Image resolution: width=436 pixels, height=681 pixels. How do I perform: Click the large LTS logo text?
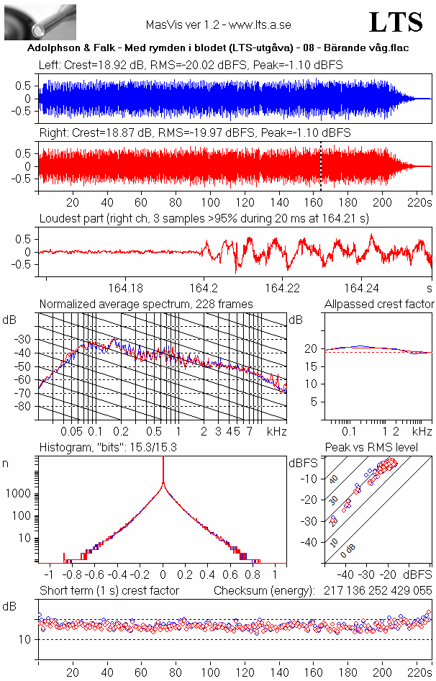click(x=396, y=23)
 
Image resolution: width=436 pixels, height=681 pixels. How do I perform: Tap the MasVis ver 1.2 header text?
click(x=218, y=24)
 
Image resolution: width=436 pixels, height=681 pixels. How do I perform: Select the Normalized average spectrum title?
click(x=146, y=305)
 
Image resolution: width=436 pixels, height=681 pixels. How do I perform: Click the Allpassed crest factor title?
click(x=379, y=305)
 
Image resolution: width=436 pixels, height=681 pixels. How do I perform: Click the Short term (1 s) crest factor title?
click(x=109, y=591)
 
